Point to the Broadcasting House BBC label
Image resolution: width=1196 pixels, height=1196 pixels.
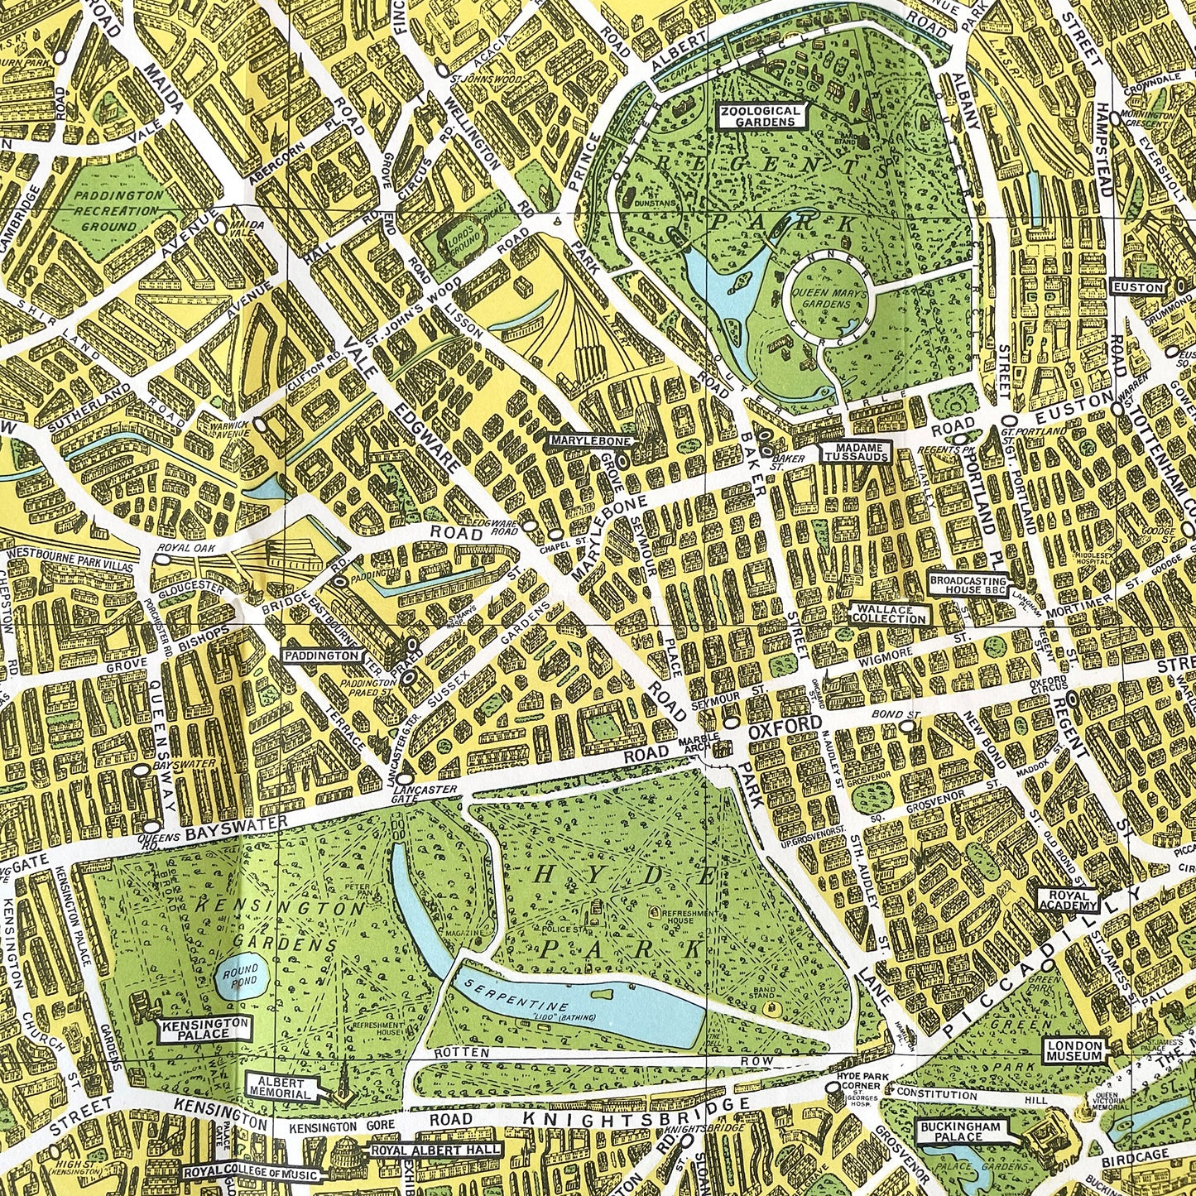[968, 584]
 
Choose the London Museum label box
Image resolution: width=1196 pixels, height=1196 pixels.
[1075, 1050]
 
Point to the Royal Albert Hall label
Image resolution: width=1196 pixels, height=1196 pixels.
[435, 1150]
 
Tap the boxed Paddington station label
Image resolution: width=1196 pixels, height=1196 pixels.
[323, 656]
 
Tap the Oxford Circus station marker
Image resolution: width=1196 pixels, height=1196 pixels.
[1074, 699]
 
